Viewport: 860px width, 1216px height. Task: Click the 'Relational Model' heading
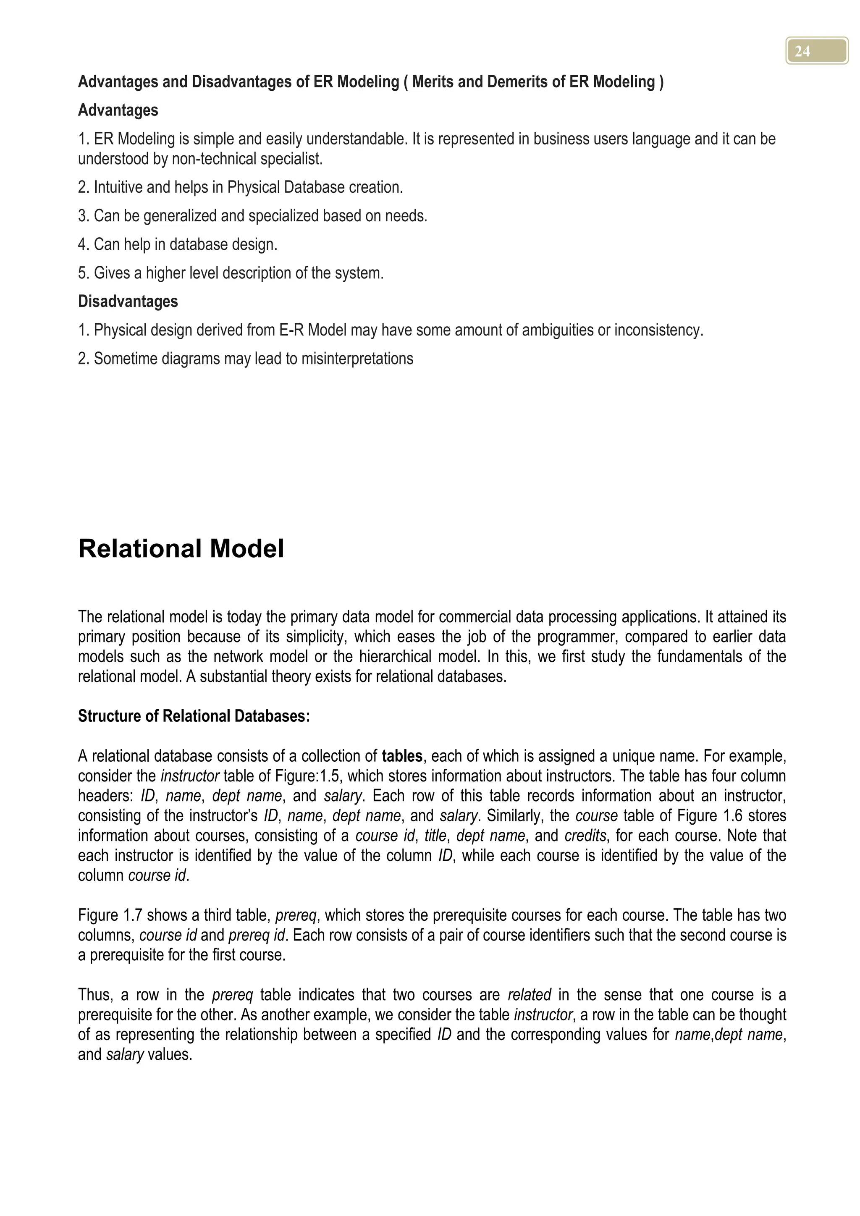(181, 549)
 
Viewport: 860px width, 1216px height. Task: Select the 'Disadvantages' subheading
(128, 301)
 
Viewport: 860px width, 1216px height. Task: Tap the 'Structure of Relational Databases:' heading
(194, 716)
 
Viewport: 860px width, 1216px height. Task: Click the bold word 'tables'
(402, 756)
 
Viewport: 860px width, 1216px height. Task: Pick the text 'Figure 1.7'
(110, 915)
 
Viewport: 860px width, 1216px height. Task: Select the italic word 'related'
(529, 995)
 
